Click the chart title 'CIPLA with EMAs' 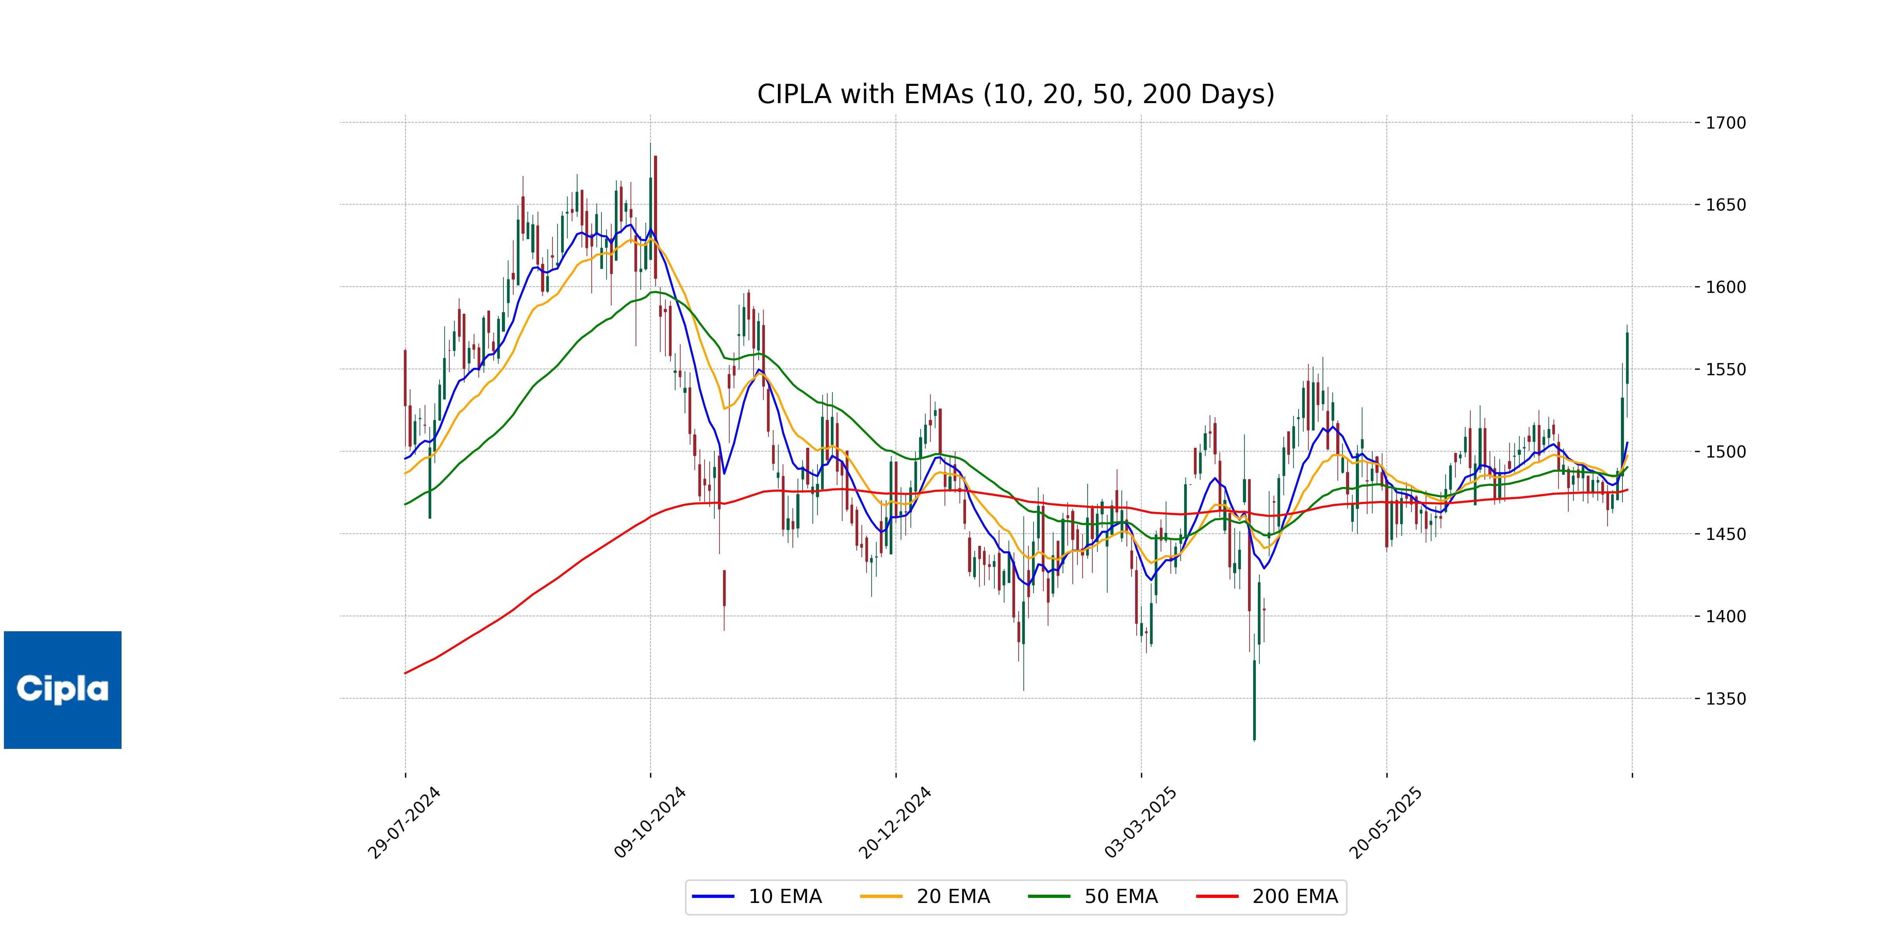pyautogui.click(x=1015, y=94)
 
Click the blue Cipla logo pyautogui.click(x=63, y=690)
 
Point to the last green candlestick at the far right pyautogui.click(x=1627, y=358)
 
